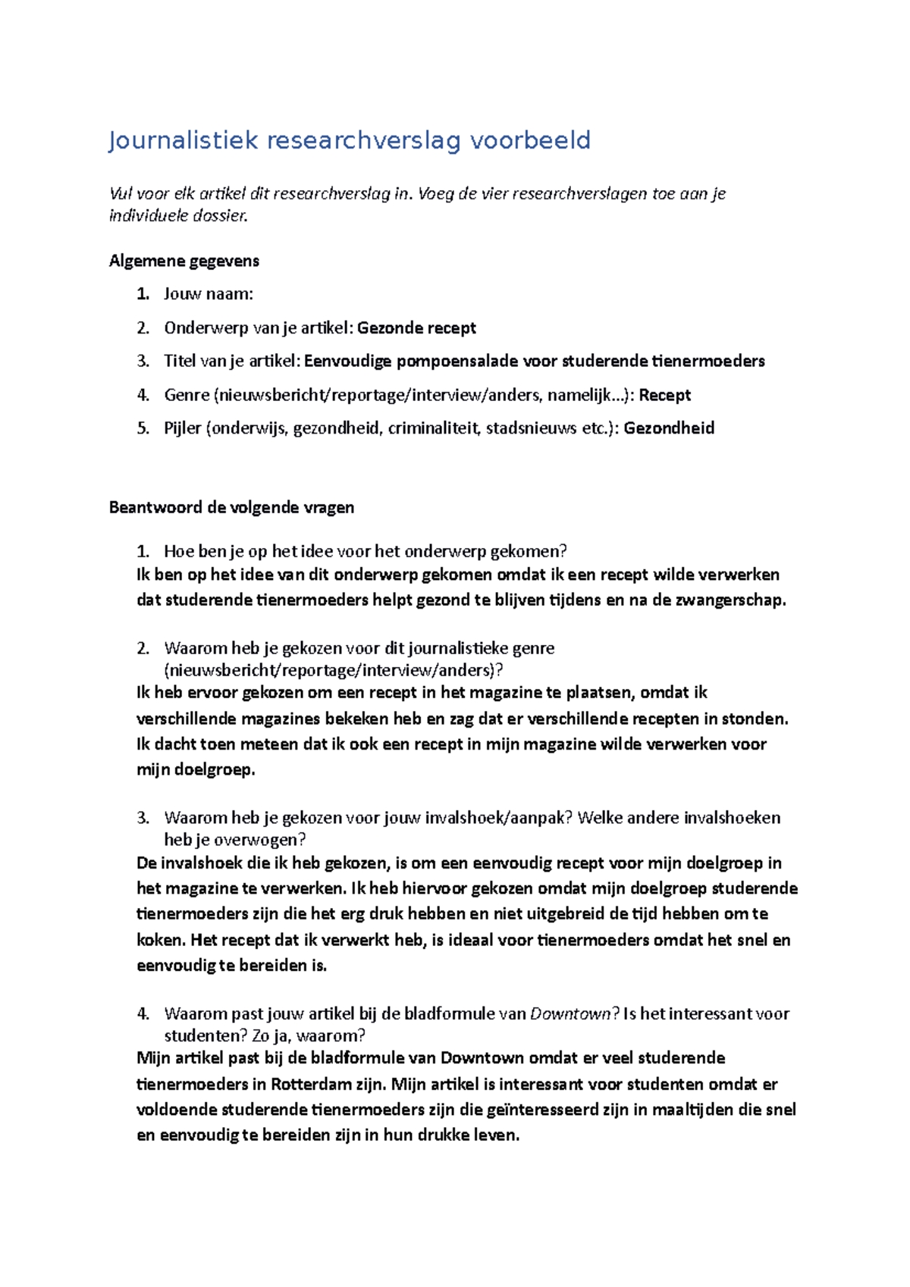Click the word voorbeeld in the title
pos(530,141)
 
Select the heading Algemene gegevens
pos(184,261)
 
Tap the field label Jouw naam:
pos(209,294)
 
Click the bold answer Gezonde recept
pos(416,328)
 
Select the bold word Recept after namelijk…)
pos(665,395)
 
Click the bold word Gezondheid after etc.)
pos(669,428)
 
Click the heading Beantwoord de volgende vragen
pos(231,508)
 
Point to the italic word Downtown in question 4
pos(570,1014)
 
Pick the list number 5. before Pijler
pos(143,428)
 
